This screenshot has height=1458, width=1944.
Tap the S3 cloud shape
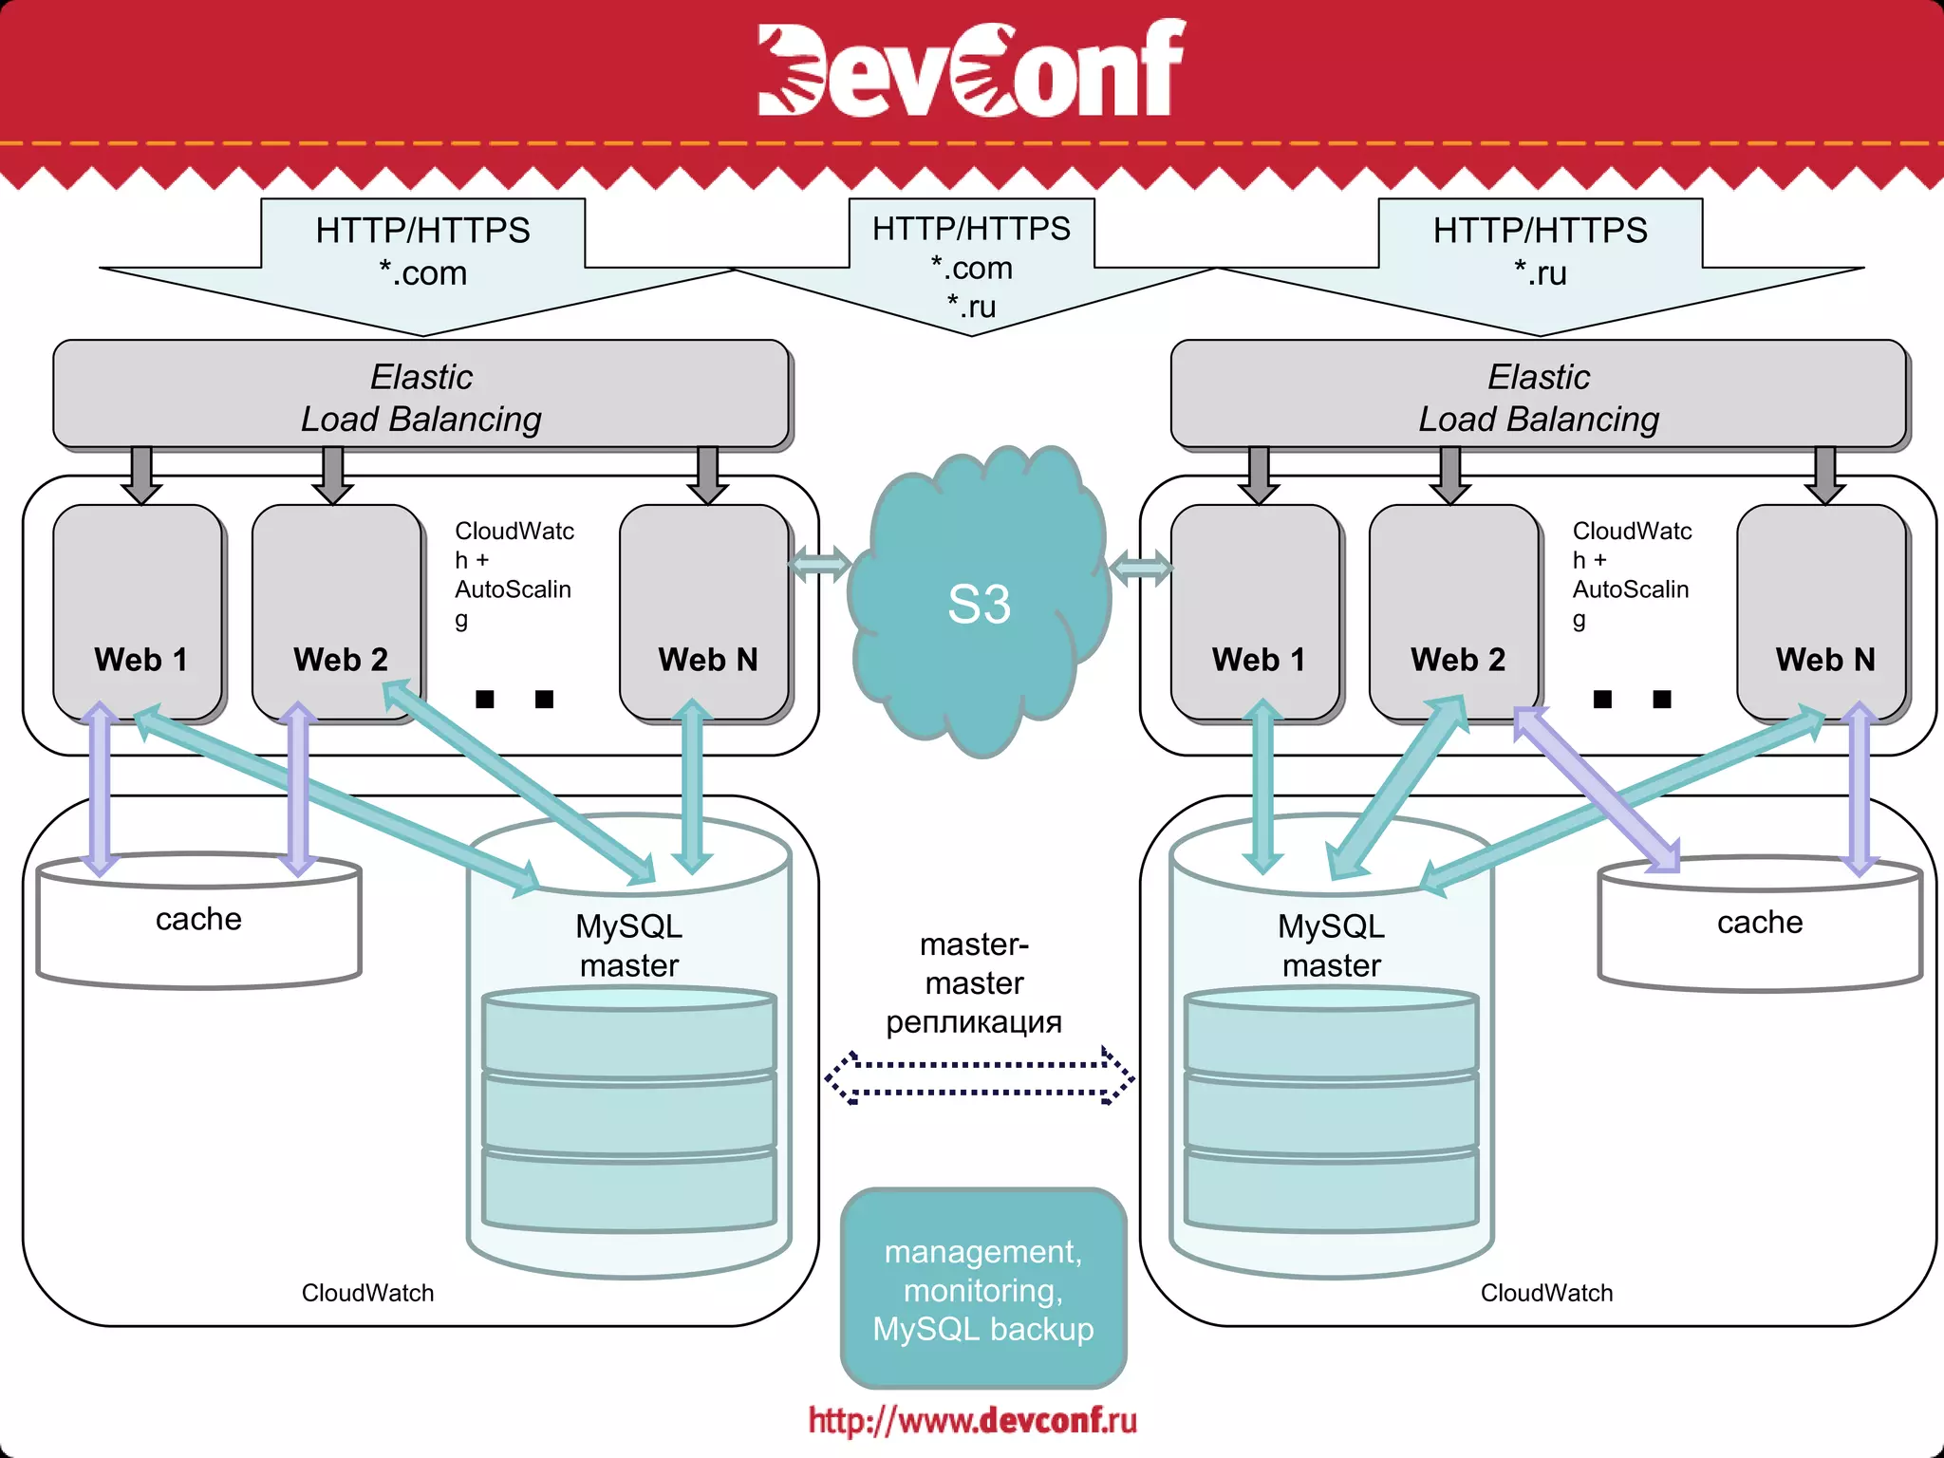979,604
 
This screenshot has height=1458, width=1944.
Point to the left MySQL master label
628,945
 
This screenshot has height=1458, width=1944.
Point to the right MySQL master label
1331,945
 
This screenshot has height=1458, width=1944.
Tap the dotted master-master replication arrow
979,1078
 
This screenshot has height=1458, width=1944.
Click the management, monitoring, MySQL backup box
983,1289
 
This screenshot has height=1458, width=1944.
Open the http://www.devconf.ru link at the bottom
972,1421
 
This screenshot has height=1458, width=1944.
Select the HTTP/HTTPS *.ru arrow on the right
1540,252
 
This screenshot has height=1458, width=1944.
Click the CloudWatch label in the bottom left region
367,1293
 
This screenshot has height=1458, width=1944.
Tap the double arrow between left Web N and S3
819,566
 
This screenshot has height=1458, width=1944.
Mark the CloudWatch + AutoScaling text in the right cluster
1631,574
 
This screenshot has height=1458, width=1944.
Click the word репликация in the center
974,1022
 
